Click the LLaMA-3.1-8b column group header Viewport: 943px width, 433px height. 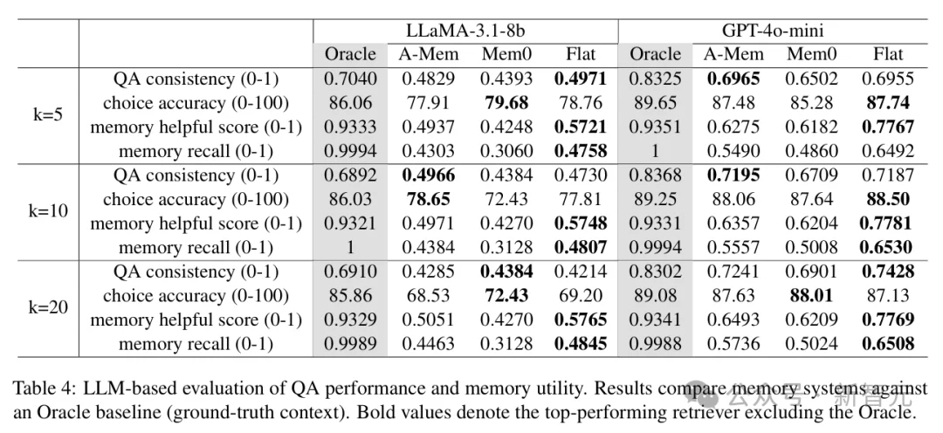coord(465,29)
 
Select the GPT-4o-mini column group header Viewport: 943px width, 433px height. coord(771,29)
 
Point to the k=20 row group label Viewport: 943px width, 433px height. coord(47,307)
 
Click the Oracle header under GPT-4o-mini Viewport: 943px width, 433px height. coord(655,54)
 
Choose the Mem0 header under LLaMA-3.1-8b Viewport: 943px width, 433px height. coord(506,54)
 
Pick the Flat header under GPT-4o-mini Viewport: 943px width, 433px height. coord(888,54)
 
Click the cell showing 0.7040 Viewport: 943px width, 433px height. coord(350,79)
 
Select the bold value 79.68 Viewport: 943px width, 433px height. coord(506,103)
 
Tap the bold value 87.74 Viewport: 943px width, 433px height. coord(888,103)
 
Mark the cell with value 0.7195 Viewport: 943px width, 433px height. coord(733,175)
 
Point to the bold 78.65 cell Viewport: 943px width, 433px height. coord(429,199)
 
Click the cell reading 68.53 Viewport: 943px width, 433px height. coord(429,295)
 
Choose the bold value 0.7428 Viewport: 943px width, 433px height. coord(888,271)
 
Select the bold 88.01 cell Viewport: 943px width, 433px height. coord(811,295)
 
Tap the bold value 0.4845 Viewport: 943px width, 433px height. coord(580,343)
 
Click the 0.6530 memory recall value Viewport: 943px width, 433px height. coord(888,247)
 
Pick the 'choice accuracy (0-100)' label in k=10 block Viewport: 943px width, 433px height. coord(196,199)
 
